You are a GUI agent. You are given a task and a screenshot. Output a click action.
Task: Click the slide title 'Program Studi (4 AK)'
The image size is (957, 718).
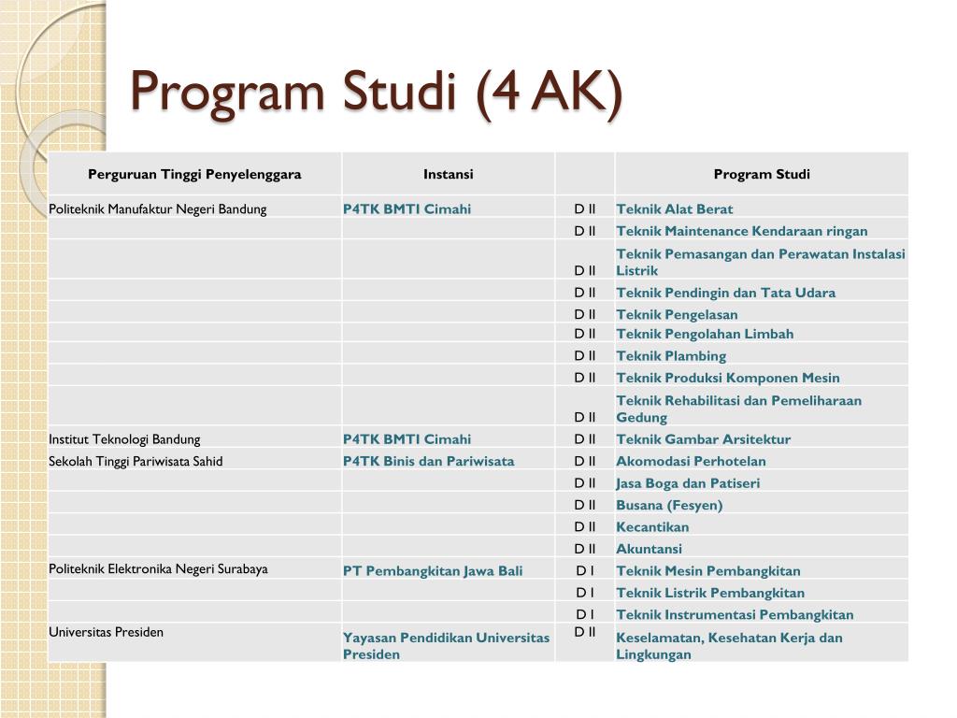tap(375, 93)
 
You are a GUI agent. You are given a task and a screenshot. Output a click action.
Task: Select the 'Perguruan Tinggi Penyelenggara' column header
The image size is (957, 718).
tap(194, 174)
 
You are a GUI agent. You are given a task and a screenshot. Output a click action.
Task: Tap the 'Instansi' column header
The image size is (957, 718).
tap(448, 174)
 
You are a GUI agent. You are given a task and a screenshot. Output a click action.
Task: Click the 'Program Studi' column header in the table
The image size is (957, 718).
tap(762, 174)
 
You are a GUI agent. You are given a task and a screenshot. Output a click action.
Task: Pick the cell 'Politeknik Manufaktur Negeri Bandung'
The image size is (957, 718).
tap(158, 209)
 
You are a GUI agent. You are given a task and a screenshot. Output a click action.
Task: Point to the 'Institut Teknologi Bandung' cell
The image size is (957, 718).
tap(124, 439)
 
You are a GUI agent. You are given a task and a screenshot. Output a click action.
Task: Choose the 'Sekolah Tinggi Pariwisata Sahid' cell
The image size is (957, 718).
tap(136, 461)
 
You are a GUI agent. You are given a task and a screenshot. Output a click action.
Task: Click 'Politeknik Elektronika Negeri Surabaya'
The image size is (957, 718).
tap(158, 569)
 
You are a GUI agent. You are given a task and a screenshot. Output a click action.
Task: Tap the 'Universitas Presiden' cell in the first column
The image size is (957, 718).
tap(106, 632)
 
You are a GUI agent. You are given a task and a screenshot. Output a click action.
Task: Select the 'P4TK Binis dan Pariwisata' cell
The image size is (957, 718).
tap(428, 461)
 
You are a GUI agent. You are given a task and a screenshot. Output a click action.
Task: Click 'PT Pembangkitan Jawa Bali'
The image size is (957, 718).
tap(433, 571)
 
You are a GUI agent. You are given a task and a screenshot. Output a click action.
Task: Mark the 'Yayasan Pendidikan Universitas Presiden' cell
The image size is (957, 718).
tap(446, 646)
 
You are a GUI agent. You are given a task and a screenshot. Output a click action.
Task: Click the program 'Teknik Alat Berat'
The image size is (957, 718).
tap(675, 209)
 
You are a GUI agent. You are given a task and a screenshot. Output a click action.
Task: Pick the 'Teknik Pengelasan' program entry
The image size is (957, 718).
tap(677, 315)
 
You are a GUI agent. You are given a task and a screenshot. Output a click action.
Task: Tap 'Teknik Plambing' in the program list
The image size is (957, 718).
tap(671, 356)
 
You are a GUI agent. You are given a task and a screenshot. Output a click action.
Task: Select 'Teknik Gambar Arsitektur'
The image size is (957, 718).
tap(703, 439)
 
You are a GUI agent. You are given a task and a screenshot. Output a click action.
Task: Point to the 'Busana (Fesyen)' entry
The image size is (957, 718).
tap(669, 506)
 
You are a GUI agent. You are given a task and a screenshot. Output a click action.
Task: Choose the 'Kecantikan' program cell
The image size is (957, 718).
tap(652, 527)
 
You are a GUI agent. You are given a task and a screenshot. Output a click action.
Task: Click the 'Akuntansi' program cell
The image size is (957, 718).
tap(649, 550)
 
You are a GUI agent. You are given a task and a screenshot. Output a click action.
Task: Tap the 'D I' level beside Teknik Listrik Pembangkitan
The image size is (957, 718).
tap(585, 593)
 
